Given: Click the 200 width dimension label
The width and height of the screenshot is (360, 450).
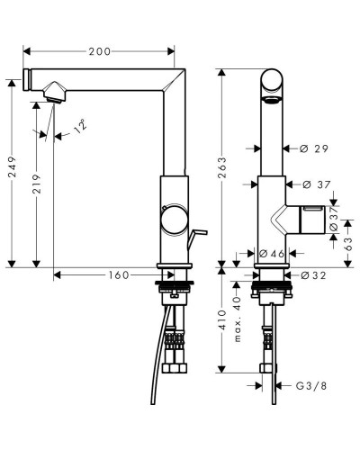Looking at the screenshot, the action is click(x=99, y=51).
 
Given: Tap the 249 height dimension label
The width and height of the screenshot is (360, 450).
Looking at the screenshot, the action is click(x=13, y=166).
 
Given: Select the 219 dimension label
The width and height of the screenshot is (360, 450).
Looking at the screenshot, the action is click(x=37, y=184).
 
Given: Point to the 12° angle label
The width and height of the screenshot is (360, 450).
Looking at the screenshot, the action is click(x=80, y=126).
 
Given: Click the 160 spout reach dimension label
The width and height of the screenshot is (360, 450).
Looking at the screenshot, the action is click(x=119, y=275).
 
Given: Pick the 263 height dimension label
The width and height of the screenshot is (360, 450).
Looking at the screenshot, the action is click(x=222, y=167).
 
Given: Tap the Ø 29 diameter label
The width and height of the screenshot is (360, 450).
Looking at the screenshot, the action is click(x=314, y=148).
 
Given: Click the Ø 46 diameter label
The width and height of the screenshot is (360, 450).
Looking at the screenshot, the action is click(x=272, y=254).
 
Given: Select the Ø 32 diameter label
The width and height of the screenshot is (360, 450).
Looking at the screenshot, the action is click(x=313, y=275).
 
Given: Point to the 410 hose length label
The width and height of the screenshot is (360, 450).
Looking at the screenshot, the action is click(x=222, y=320).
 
